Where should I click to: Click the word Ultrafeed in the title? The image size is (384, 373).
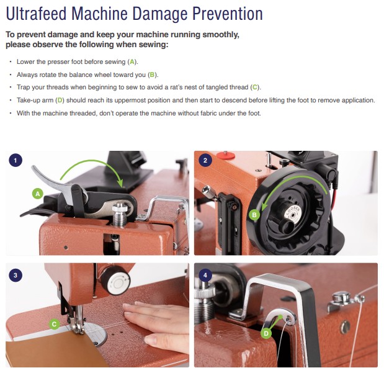point(36,14)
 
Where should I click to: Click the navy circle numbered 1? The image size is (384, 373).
point(16,161)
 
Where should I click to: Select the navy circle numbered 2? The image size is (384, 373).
point(205,161)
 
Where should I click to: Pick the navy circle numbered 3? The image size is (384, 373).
point(16,275)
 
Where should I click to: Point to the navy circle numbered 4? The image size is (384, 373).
point(205,275)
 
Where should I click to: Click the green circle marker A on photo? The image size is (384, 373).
point(37,194)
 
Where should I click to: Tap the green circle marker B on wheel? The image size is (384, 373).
point(254,215)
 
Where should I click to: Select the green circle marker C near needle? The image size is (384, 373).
point(54,324)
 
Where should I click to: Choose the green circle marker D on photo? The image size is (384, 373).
point(266,333)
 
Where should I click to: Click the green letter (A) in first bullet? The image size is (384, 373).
point(132,62)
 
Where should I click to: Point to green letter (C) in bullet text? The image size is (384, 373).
point(255,88)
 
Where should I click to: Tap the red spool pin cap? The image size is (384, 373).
point(226,155)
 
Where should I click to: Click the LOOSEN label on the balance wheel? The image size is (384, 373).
point(293,212)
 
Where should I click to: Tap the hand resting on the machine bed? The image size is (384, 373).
point(156,323)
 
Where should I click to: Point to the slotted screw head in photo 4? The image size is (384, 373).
point(345,327)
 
